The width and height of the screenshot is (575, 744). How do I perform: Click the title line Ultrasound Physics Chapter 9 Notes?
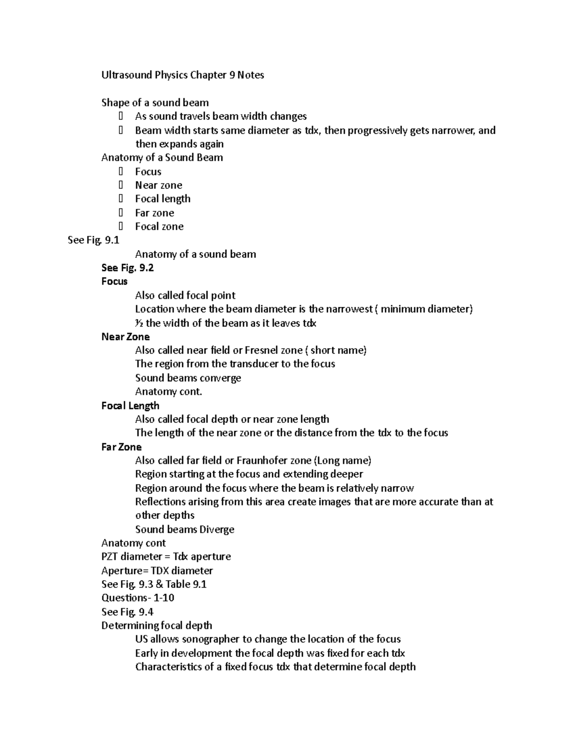click(x=183, y=75)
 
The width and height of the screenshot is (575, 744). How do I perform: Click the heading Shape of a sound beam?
click(x=155, y=103)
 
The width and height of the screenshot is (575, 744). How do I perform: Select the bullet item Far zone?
click(x=154, y=213)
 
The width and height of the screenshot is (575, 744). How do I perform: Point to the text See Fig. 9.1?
click(x=93, y=240)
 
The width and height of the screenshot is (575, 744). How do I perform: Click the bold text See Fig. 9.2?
click(x=127, y=268)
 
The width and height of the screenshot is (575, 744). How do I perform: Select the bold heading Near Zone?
click(x=126, y=337)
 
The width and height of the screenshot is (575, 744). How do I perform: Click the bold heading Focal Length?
click(x=130, y=406)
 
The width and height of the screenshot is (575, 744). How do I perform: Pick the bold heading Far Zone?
click(x=121, y=447)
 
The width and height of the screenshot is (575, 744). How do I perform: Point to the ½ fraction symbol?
click(x=139, y=323)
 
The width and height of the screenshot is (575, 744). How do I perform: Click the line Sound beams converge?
click(x=188, y=378)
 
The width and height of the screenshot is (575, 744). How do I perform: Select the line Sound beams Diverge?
click(x=184, y=529)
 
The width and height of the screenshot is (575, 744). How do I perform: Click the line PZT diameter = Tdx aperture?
click(x=166, y=557)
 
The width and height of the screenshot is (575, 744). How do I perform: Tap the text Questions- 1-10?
click(x=138, y=598)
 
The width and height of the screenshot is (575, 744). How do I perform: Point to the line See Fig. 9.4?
click(x=127, y=612)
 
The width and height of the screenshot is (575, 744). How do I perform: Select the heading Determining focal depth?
click(x=157, y=626)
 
